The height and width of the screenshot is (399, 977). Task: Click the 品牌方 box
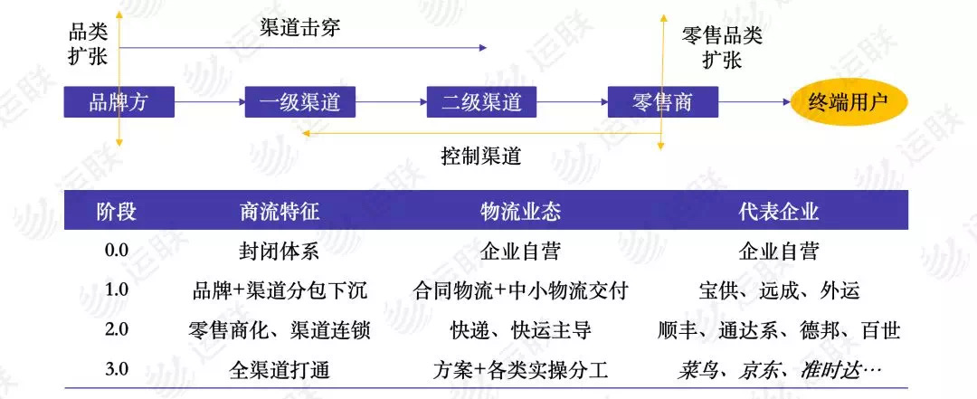click(x=119, y=102)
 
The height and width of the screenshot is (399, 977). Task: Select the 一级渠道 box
click(x=299, y=102)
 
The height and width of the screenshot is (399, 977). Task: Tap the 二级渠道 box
click(x=481, y=102)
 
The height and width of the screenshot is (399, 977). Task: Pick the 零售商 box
click(x=662, y=102)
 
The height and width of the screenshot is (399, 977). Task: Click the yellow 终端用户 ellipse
click(x=849, y=101)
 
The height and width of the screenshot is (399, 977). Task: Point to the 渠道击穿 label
click(x=299, y=27)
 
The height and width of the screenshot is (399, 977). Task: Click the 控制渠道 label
click(x=480, y=155)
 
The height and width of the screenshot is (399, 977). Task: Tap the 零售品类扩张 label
click(x=722, y=47)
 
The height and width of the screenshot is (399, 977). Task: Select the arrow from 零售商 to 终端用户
click(x=754, y=102)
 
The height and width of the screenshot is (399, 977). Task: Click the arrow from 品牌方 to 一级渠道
click(x=209, y=102)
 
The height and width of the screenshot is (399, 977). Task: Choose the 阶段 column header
click(x=116, y=212)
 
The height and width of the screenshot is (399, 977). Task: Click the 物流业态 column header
click(x=519, y=212)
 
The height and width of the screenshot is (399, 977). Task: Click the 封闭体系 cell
click(x=279, y=252)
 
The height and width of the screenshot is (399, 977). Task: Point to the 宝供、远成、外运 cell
click(x=779, y=290)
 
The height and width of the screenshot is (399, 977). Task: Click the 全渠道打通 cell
click(x=280, y=370)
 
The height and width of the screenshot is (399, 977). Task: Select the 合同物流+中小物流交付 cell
click(x=519, y=290)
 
